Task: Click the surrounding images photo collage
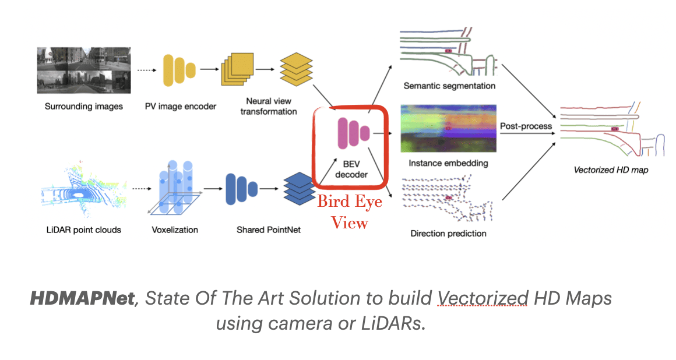[x=83, y=70]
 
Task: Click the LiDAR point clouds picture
[x=82, y=188]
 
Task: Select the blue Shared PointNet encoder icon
[x=241, y=189]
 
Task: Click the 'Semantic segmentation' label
[x=449, y=86]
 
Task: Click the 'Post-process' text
[x=526, y=126]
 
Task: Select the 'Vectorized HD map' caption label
[x=610, y=170]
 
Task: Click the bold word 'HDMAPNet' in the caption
[x=82, y=299]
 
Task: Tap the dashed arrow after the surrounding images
[x=145, y=69]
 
